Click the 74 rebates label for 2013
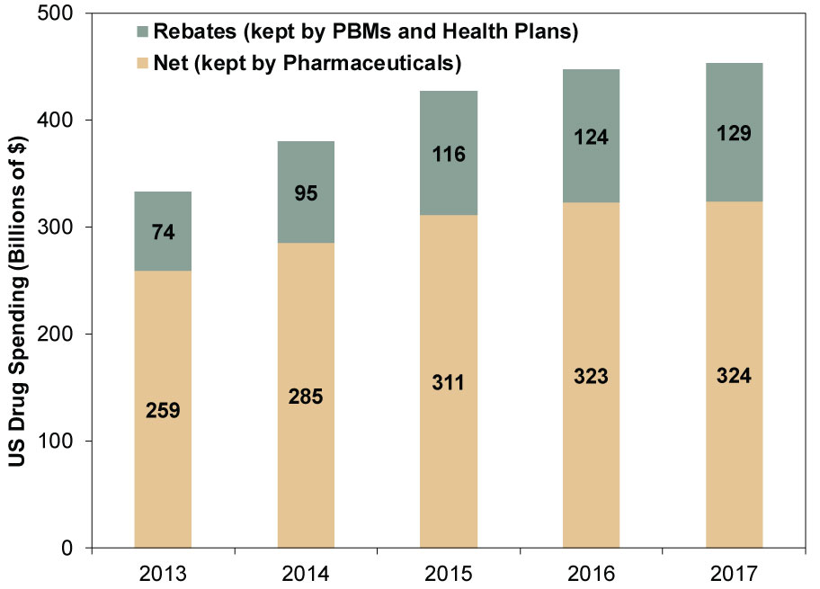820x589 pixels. pos(163,232)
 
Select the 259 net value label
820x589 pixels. pos(163,411)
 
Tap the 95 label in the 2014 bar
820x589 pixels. pos(306,192)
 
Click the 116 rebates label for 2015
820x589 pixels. pos(449,154)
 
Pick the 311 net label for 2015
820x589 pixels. pos(449,384)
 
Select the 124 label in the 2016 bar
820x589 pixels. pos(591,138)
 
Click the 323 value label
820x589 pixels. pos(591,376)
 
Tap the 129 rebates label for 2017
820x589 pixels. pos(734,132)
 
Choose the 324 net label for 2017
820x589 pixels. pos(734,375)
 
